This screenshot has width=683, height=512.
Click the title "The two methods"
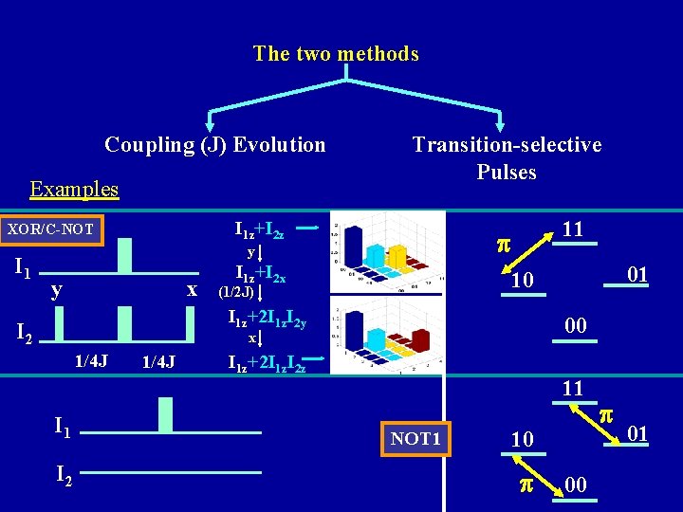coord(336,54)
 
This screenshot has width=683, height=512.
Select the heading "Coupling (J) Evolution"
coord(214,145)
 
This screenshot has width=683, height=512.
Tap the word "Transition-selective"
coord(507,145)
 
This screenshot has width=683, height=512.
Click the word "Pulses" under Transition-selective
coord(507,173)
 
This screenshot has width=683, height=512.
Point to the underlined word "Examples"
coord(74,189)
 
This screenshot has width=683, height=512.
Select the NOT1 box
coord(416,438)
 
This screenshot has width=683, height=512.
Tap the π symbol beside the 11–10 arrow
coord(505,244)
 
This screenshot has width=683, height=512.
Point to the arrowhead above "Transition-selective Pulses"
coord(502,125)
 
